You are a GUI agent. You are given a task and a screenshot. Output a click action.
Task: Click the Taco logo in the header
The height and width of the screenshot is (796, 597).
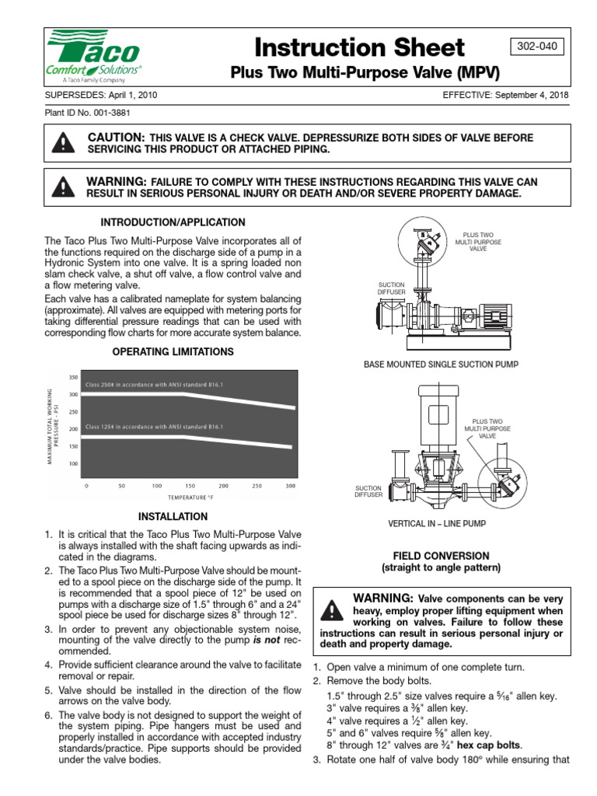(x=93, y=56)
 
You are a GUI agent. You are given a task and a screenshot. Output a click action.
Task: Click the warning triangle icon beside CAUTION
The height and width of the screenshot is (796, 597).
(x=60, y=143)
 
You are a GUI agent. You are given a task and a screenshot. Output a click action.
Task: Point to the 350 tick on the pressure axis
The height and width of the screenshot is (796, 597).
(x=75, y=378)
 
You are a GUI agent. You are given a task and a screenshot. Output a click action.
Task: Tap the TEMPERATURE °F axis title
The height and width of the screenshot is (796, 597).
(x=190, y=497)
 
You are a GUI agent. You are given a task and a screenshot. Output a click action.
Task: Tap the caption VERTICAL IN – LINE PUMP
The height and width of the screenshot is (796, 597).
(x=436, y=524)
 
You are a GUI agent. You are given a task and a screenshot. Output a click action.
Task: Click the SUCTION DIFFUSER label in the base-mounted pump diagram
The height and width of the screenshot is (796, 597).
(x=393, y=288)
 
